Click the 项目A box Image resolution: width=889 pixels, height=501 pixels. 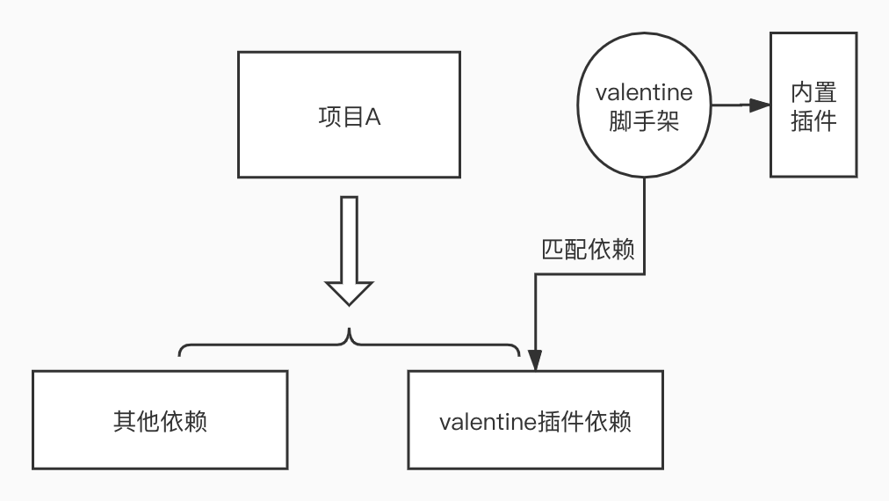click(x=349, y=114)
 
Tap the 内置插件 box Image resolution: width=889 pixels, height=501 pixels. click(x=813, y=105)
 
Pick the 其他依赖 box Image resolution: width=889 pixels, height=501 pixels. click(x=160, y=420)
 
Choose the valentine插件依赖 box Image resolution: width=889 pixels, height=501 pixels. click(x=535, y=420)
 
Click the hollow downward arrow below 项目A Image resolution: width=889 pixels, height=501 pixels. click(x=350, y=250)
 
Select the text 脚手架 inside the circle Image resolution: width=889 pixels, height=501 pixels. click(x=644, y=122)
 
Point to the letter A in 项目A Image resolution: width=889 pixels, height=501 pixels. click(x=372, y=118)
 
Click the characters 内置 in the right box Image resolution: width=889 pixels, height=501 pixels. click(x=813, y=91)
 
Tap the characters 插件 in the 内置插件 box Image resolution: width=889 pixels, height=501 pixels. click(x=813, y=120)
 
